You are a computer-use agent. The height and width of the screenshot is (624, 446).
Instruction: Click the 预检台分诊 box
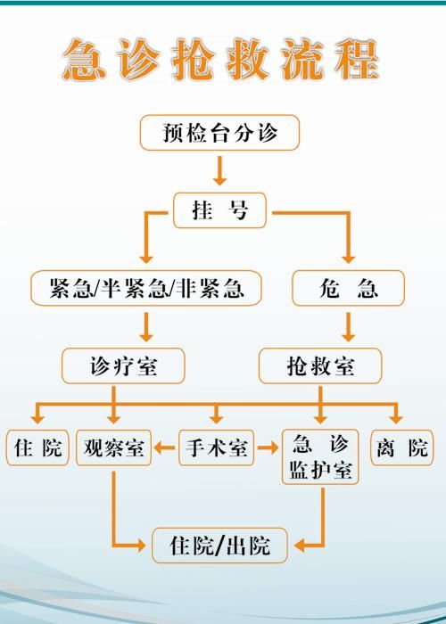219,133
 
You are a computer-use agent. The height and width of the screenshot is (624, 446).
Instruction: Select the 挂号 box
219,210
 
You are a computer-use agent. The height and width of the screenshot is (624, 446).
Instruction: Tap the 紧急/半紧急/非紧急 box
146,288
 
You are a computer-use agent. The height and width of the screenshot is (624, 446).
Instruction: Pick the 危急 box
349,288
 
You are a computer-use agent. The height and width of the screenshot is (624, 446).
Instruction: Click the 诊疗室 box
123,366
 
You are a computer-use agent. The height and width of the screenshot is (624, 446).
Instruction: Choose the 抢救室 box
320,366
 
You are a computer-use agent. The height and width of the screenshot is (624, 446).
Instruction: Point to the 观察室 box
113,447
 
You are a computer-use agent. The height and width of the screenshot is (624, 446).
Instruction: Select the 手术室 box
216,447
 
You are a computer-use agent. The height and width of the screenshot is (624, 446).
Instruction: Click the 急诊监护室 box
320,456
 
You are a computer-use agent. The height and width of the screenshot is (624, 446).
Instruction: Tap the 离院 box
402,447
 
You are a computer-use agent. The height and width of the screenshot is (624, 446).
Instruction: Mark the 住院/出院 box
219,546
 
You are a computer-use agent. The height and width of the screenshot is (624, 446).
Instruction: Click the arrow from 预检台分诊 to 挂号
219,171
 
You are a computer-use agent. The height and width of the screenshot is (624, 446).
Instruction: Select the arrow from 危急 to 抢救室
349,327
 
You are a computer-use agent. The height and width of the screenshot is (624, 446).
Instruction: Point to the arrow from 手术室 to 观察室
164,447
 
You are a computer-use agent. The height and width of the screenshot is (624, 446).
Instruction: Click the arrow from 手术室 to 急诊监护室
268,447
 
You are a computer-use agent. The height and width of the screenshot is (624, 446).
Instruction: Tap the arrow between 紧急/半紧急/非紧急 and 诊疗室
146,327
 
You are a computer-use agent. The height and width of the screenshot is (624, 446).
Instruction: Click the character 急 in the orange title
84,60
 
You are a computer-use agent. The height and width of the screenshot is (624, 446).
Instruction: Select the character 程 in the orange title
357,60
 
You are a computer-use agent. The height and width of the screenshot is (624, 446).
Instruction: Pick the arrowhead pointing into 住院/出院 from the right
300,546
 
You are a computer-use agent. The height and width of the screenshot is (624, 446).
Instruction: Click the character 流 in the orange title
301,60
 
